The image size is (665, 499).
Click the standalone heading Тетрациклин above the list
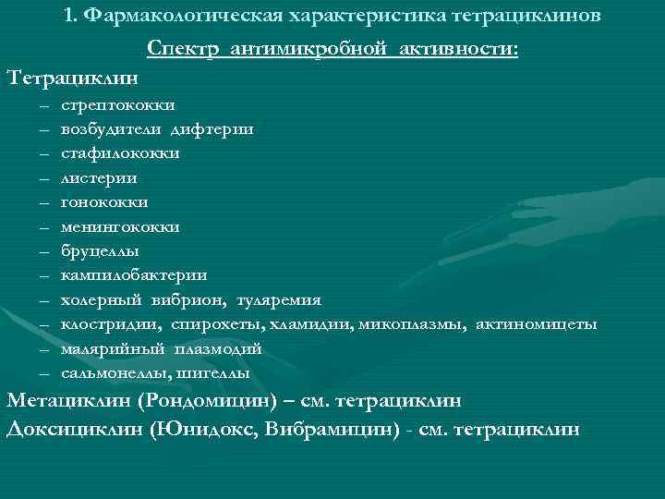click(68, 76)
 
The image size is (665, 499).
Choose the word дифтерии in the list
click(217, 129)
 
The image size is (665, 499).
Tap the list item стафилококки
click(120, 153)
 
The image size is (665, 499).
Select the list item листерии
click(99, 177)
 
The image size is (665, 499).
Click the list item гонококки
click(104, 202)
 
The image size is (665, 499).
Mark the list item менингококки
click(120, 226)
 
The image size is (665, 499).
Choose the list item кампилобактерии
click(134, 275)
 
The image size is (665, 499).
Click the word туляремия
click(279, 299)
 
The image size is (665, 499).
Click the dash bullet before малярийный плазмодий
click(44, 349)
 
